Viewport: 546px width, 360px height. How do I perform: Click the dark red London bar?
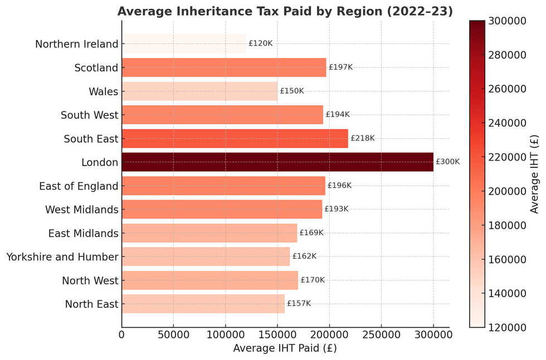coord(277,162)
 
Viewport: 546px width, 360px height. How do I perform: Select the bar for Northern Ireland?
coord(184,44)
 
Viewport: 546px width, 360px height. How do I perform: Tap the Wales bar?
coord(199,91)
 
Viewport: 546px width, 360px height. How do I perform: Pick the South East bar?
coord(235,138)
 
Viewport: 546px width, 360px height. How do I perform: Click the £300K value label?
coord(448,162)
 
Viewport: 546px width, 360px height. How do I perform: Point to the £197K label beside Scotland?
coord(341,67)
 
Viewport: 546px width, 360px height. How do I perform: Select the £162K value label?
coord(304,256)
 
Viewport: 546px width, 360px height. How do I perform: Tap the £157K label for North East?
coord(299,304)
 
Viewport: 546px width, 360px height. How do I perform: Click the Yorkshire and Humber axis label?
coord(62,257)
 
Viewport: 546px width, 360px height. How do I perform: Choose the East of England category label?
coord(79,186)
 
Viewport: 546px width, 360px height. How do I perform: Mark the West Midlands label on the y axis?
coord(81,210)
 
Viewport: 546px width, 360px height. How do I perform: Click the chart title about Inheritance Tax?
coord(285,12)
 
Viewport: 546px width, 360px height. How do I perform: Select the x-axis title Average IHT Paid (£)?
coord(285,348)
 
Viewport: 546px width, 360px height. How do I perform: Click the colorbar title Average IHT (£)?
coord(535,174)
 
